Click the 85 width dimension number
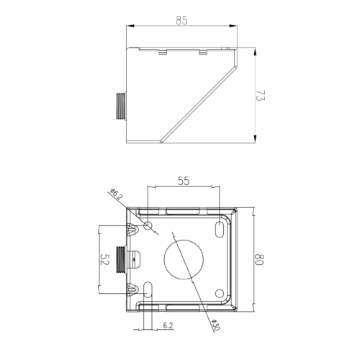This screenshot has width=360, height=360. pos(181,20)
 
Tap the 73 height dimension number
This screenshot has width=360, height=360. pos(260,96)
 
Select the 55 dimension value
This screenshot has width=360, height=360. pos(184,181)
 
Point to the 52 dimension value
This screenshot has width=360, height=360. pos(104,259)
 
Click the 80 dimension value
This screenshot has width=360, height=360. pos(259,259)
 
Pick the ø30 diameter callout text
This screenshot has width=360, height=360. pos(215,325)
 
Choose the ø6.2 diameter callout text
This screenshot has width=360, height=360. pos(117,194)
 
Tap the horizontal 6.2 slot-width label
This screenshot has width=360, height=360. pos(168,325)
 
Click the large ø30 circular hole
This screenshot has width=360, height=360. pos(184,259)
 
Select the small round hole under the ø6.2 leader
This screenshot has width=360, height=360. pos(148,226)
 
